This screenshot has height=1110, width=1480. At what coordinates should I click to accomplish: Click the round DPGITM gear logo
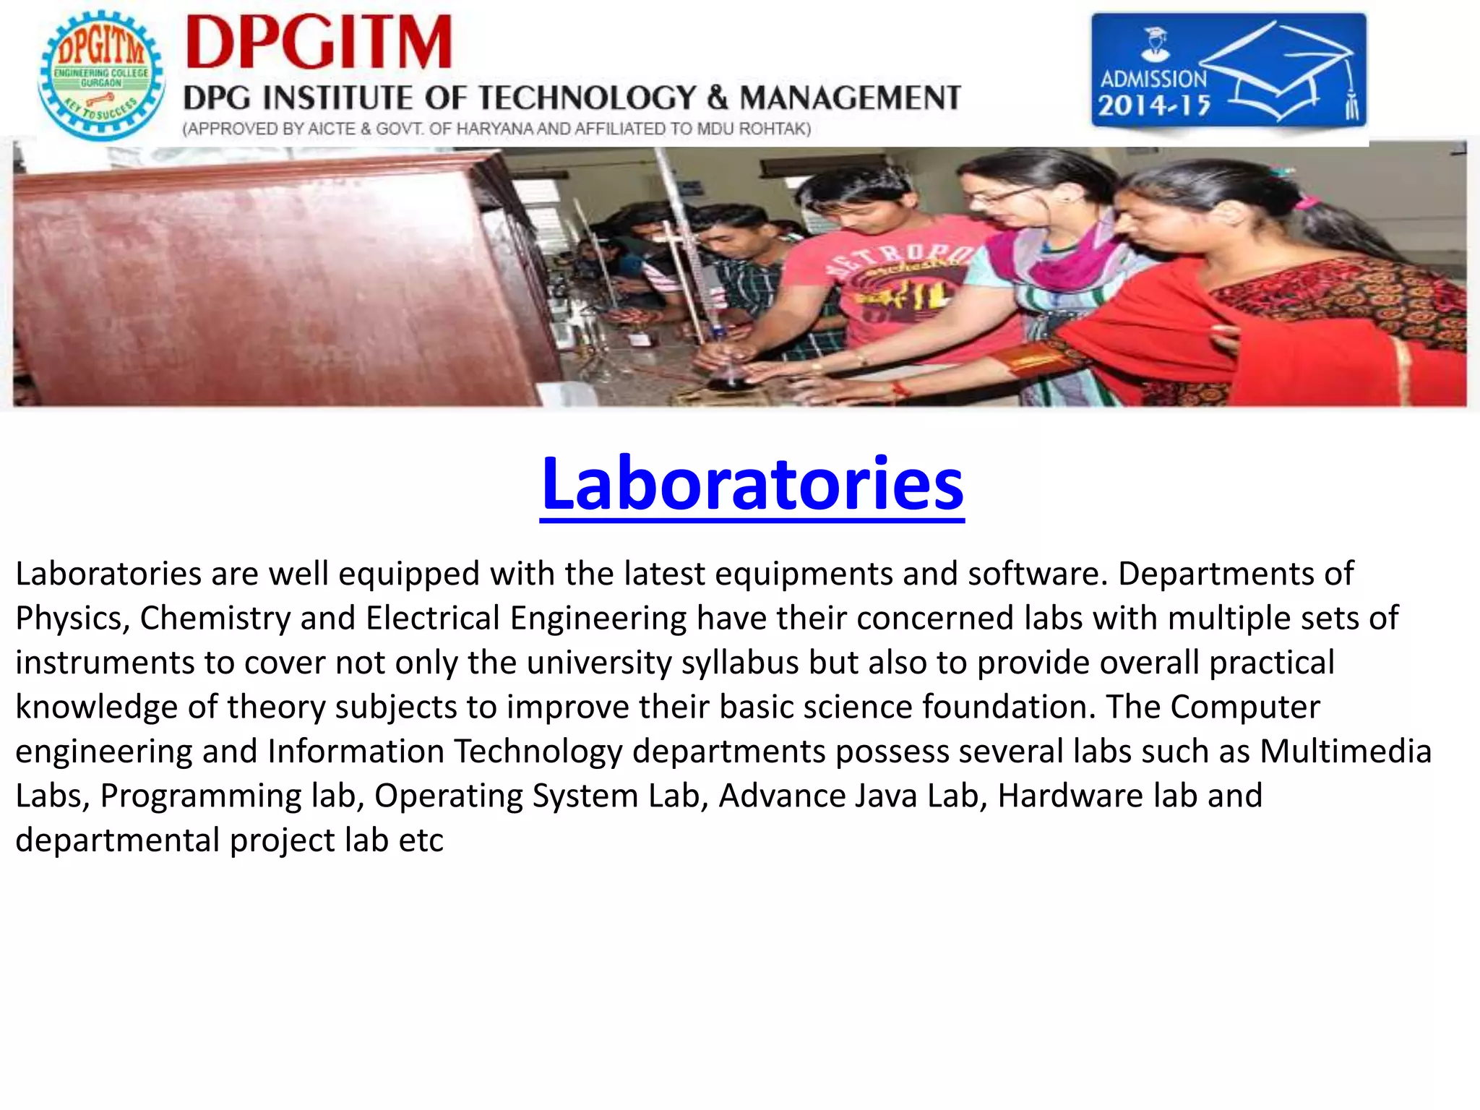pos(101,75)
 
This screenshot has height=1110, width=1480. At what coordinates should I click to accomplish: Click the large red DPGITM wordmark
pos(319,43)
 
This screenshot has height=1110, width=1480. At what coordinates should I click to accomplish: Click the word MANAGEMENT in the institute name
pos(850,98)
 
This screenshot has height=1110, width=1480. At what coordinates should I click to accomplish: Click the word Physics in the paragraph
pos(69,619)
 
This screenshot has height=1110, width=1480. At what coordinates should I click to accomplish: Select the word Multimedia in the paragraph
pos(1346,752)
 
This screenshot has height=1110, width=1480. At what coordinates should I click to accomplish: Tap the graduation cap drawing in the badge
pos(1279,72)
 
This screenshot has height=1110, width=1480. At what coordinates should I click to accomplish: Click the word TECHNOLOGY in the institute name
pos(587,98)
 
